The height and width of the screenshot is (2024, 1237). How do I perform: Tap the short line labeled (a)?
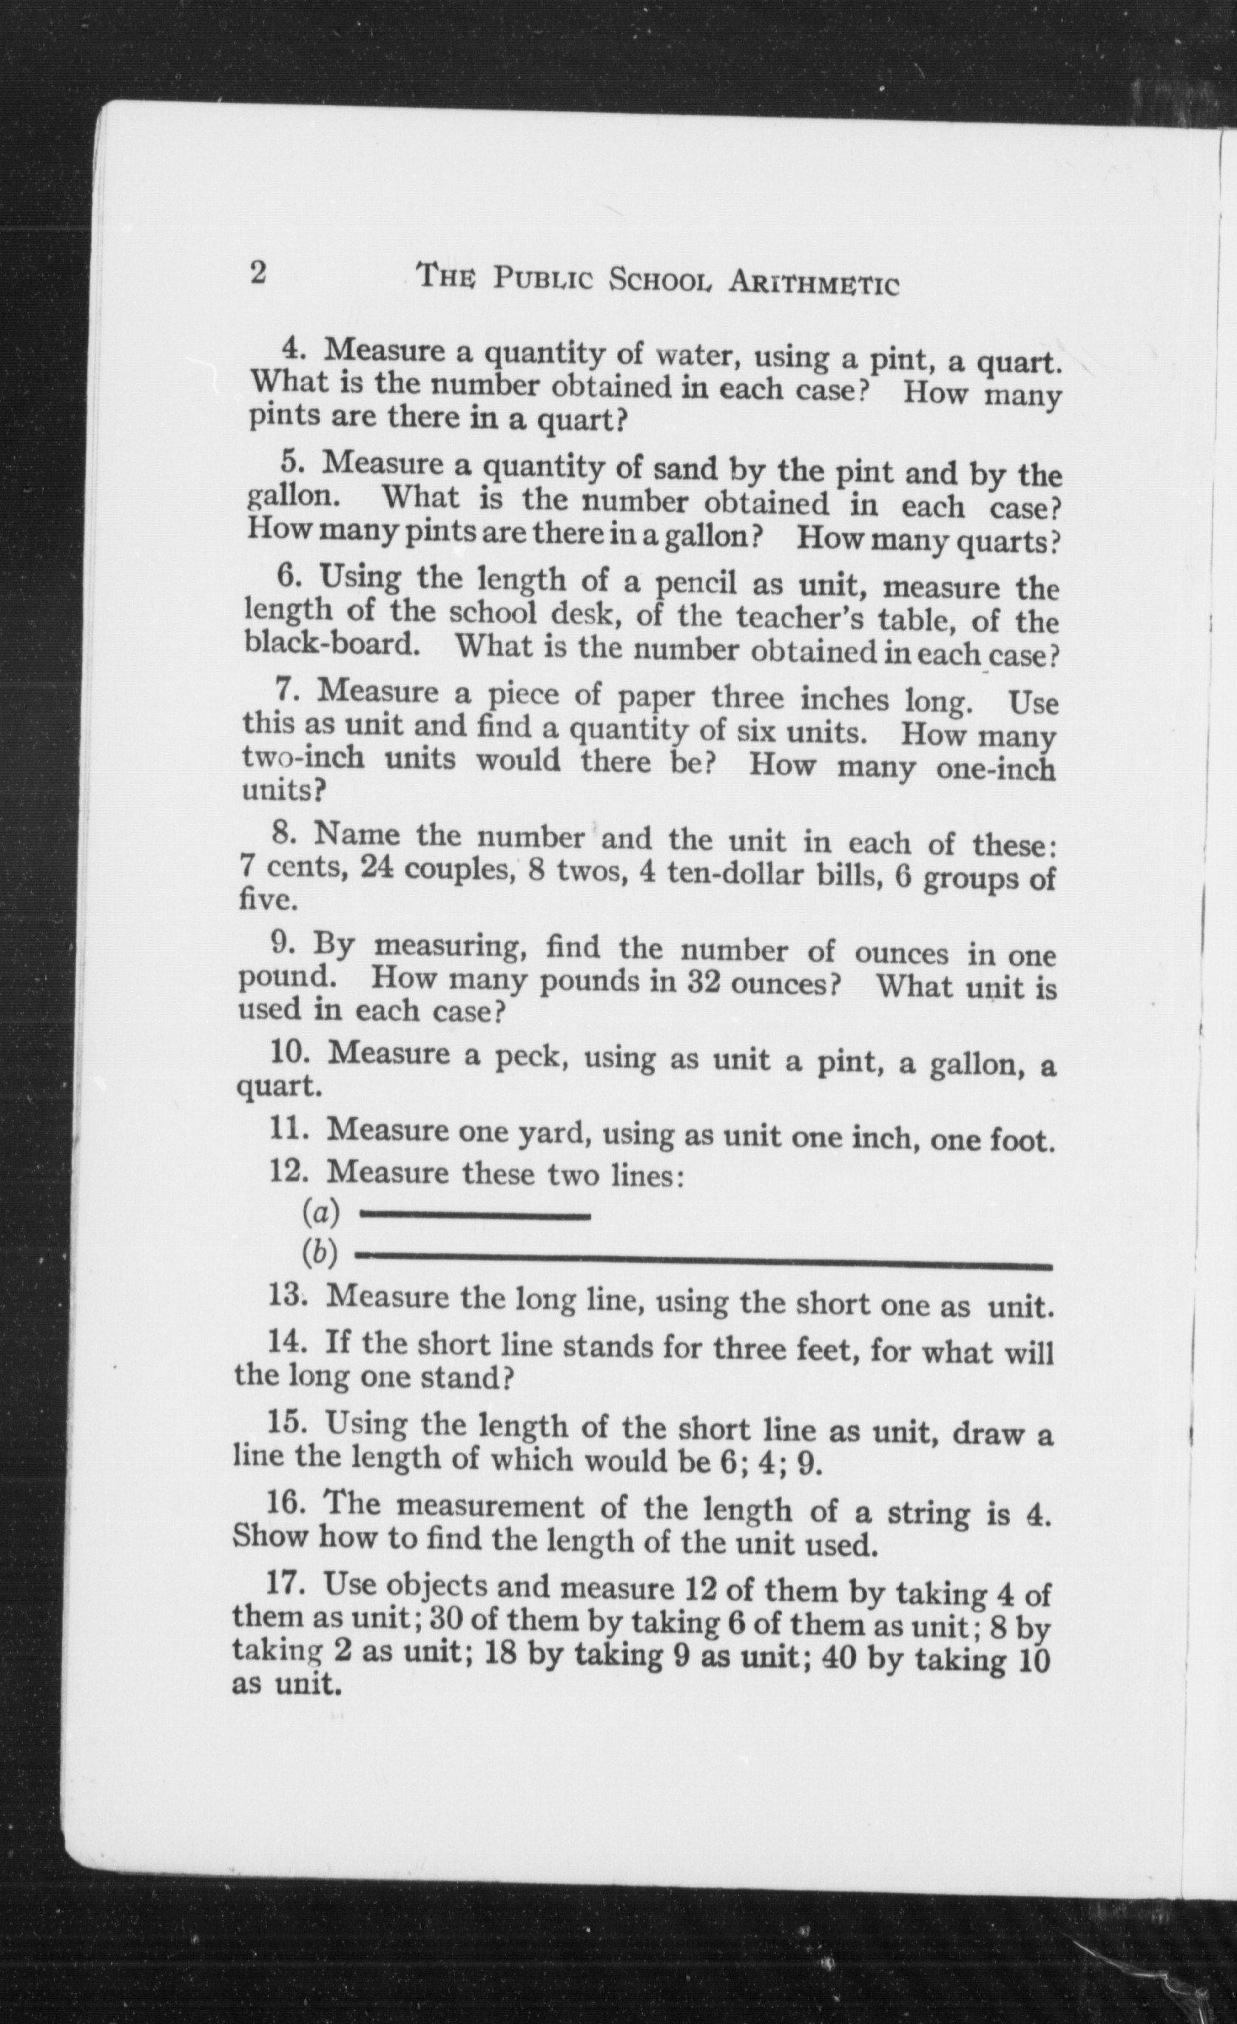coord(476,1215)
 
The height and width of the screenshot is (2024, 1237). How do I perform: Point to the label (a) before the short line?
coord(320,1212)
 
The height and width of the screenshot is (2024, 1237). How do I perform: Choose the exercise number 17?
coord(285,1582)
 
